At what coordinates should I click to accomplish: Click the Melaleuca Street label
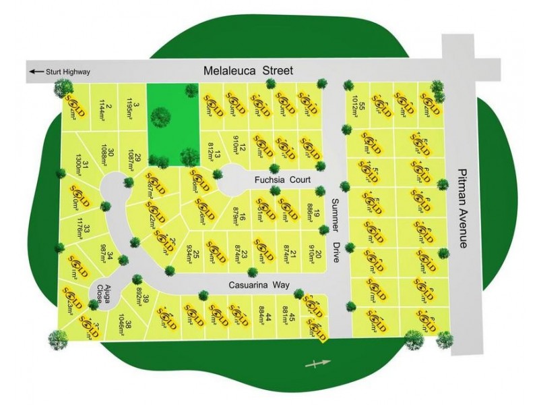coord(249,70)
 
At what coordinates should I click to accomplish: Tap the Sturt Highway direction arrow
coord(35,71)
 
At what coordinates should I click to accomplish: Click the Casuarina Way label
coord(262,285)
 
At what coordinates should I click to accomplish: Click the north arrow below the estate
coord(319,364)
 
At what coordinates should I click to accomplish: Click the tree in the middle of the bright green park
coord(160,117)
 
